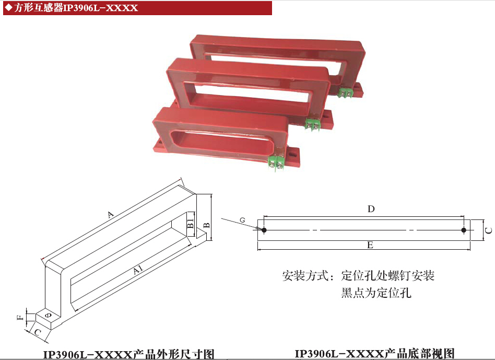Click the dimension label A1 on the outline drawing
[x=138, y=270]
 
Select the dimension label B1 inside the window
[x=191, y=223]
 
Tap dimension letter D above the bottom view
[x=371, y=208]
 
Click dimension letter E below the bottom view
[x=370, y=245]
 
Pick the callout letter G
[x=242, y=220]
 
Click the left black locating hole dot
[x=264, y=230]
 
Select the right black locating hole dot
[x=464, y=230]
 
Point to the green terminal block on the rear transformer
[x=345, y=92]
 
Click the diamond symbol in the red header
[x=9, y=8]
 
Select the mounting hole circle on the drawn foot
[x=48, y=315]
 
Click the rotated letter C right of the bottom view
[x=488, y=230]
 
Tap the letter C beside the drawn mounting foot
[x=38, y=332]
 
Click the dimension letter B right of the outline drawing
[x=207, y=225]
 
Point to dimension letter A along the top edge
[x=110, y=215]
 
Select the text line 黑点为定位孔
[x=376, y=293]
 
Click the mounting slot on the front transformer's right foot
[x=293, y=155]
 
